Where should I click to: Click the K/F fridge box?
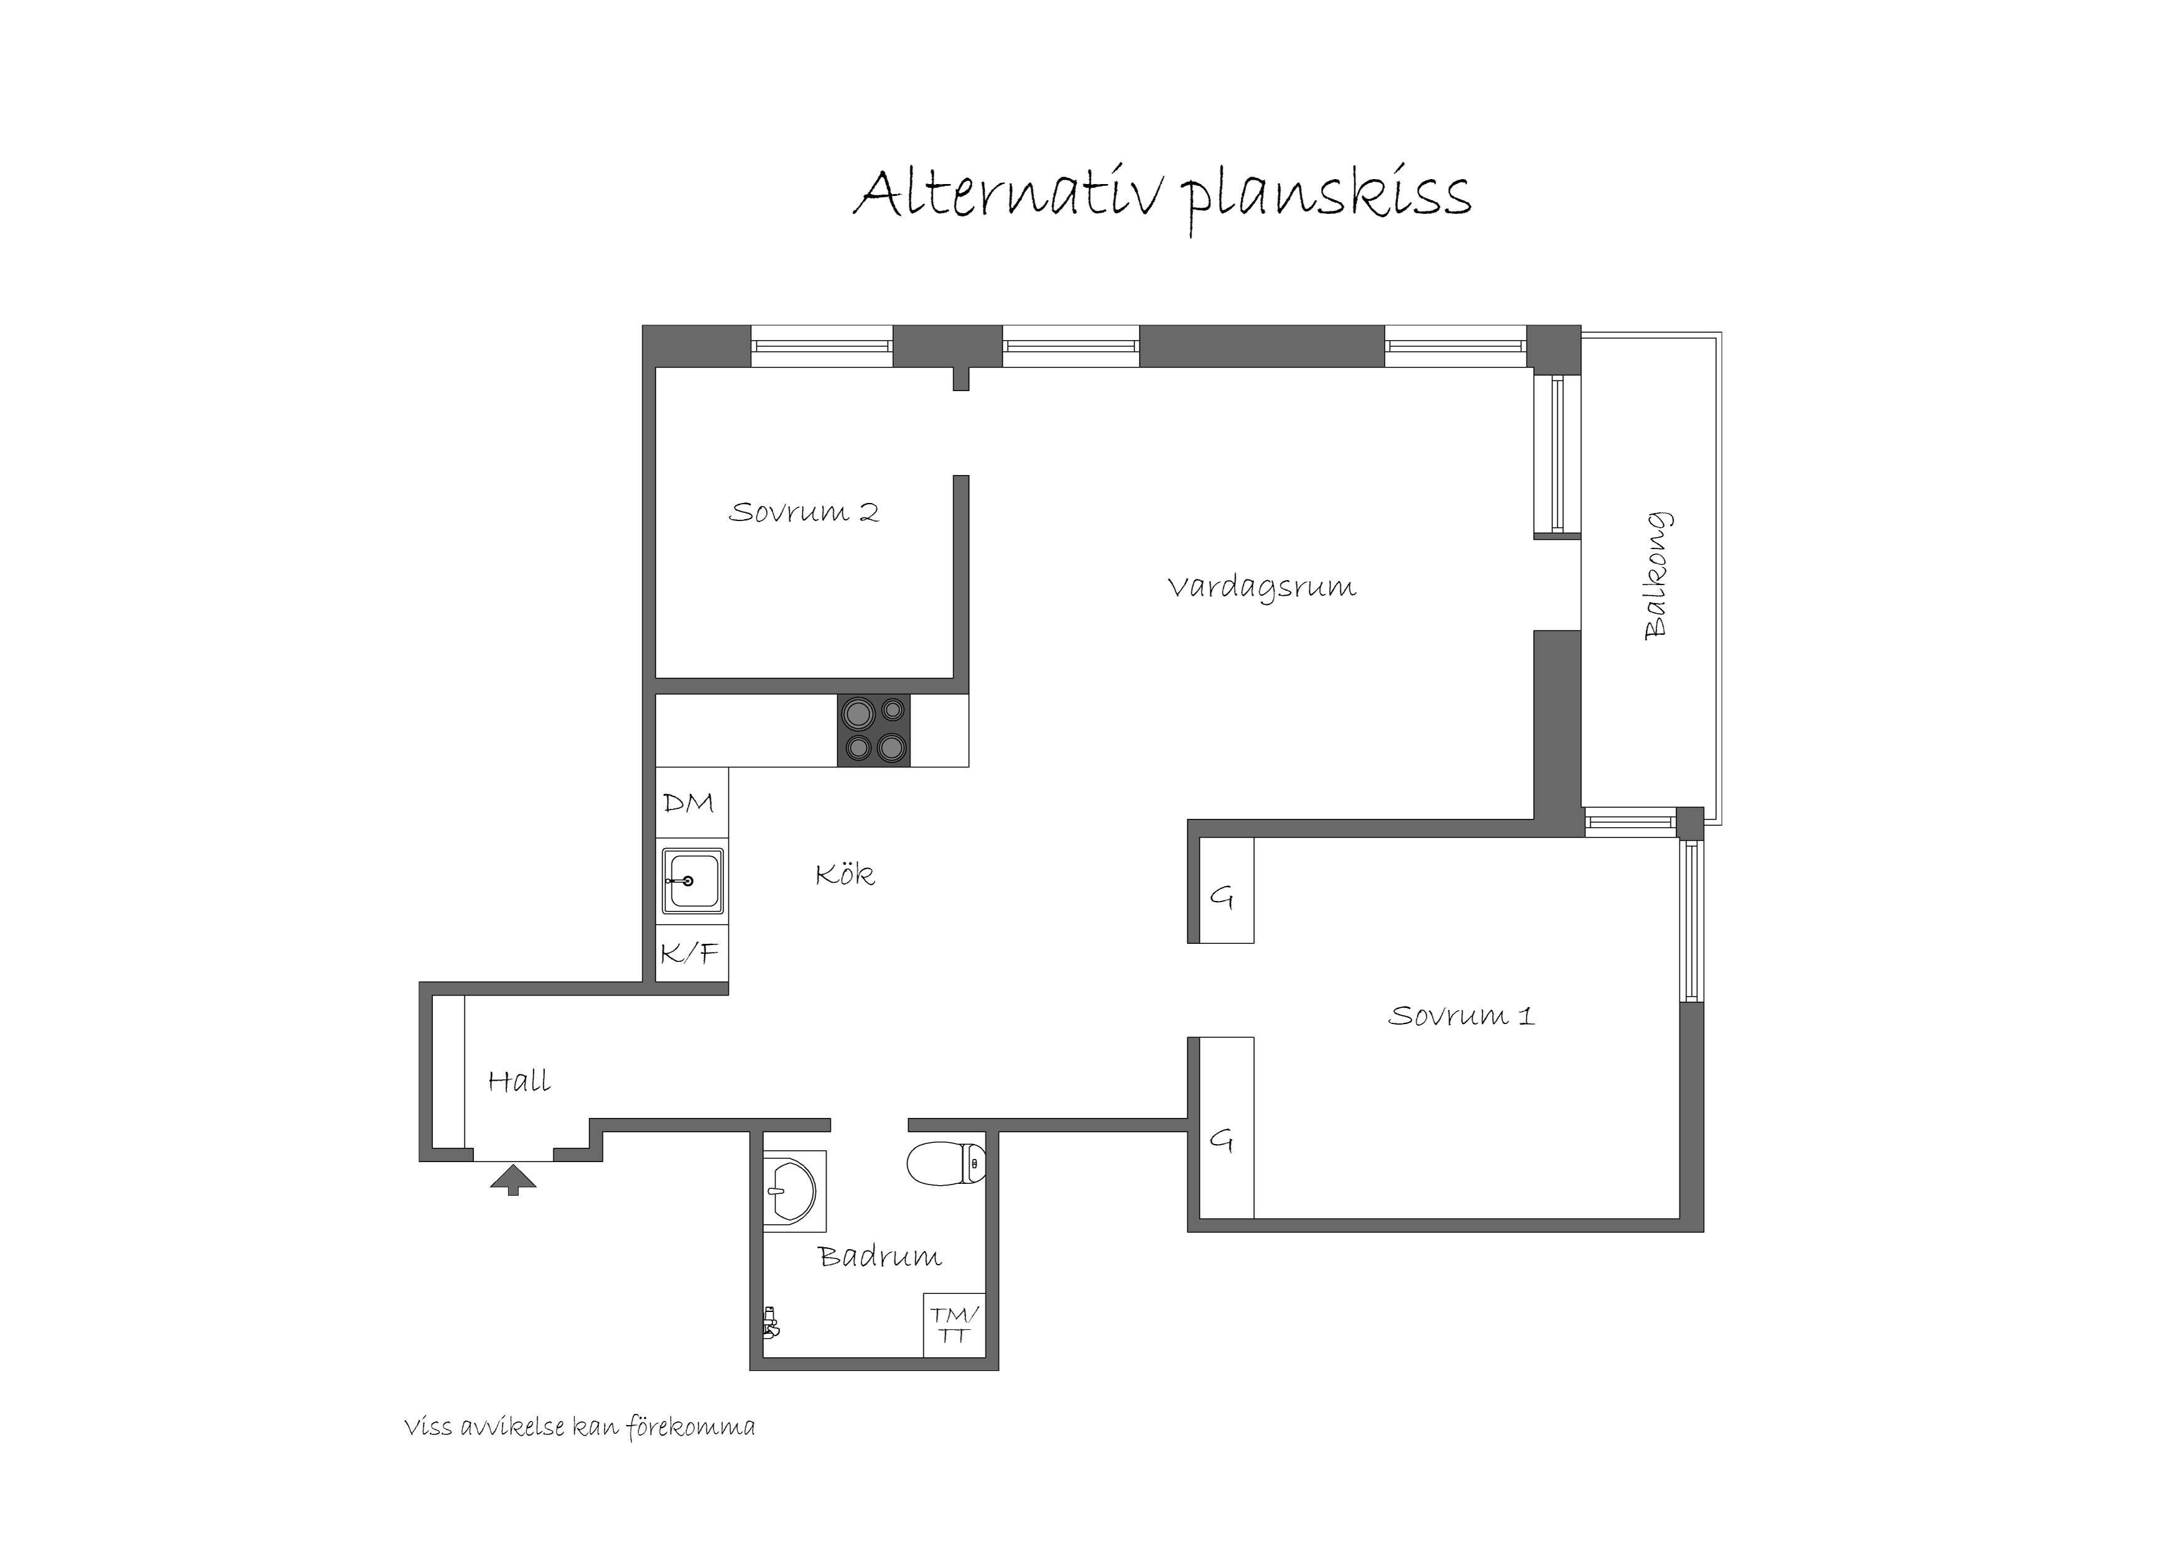[692, 954]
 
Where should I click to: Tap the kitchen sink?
[692, 882]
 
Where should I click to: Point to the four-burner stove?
[873, 731]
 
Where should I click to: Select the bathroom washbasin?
[794, 1191]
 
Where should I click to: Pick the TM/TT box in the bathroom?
[954, 1324]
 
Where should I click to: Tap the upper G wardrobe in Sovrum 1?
[1226, 890]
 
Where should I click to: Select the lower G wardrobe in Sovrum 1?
[1226, 1128]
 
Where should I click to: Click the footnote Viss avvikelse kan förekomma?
[580, 1427]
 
